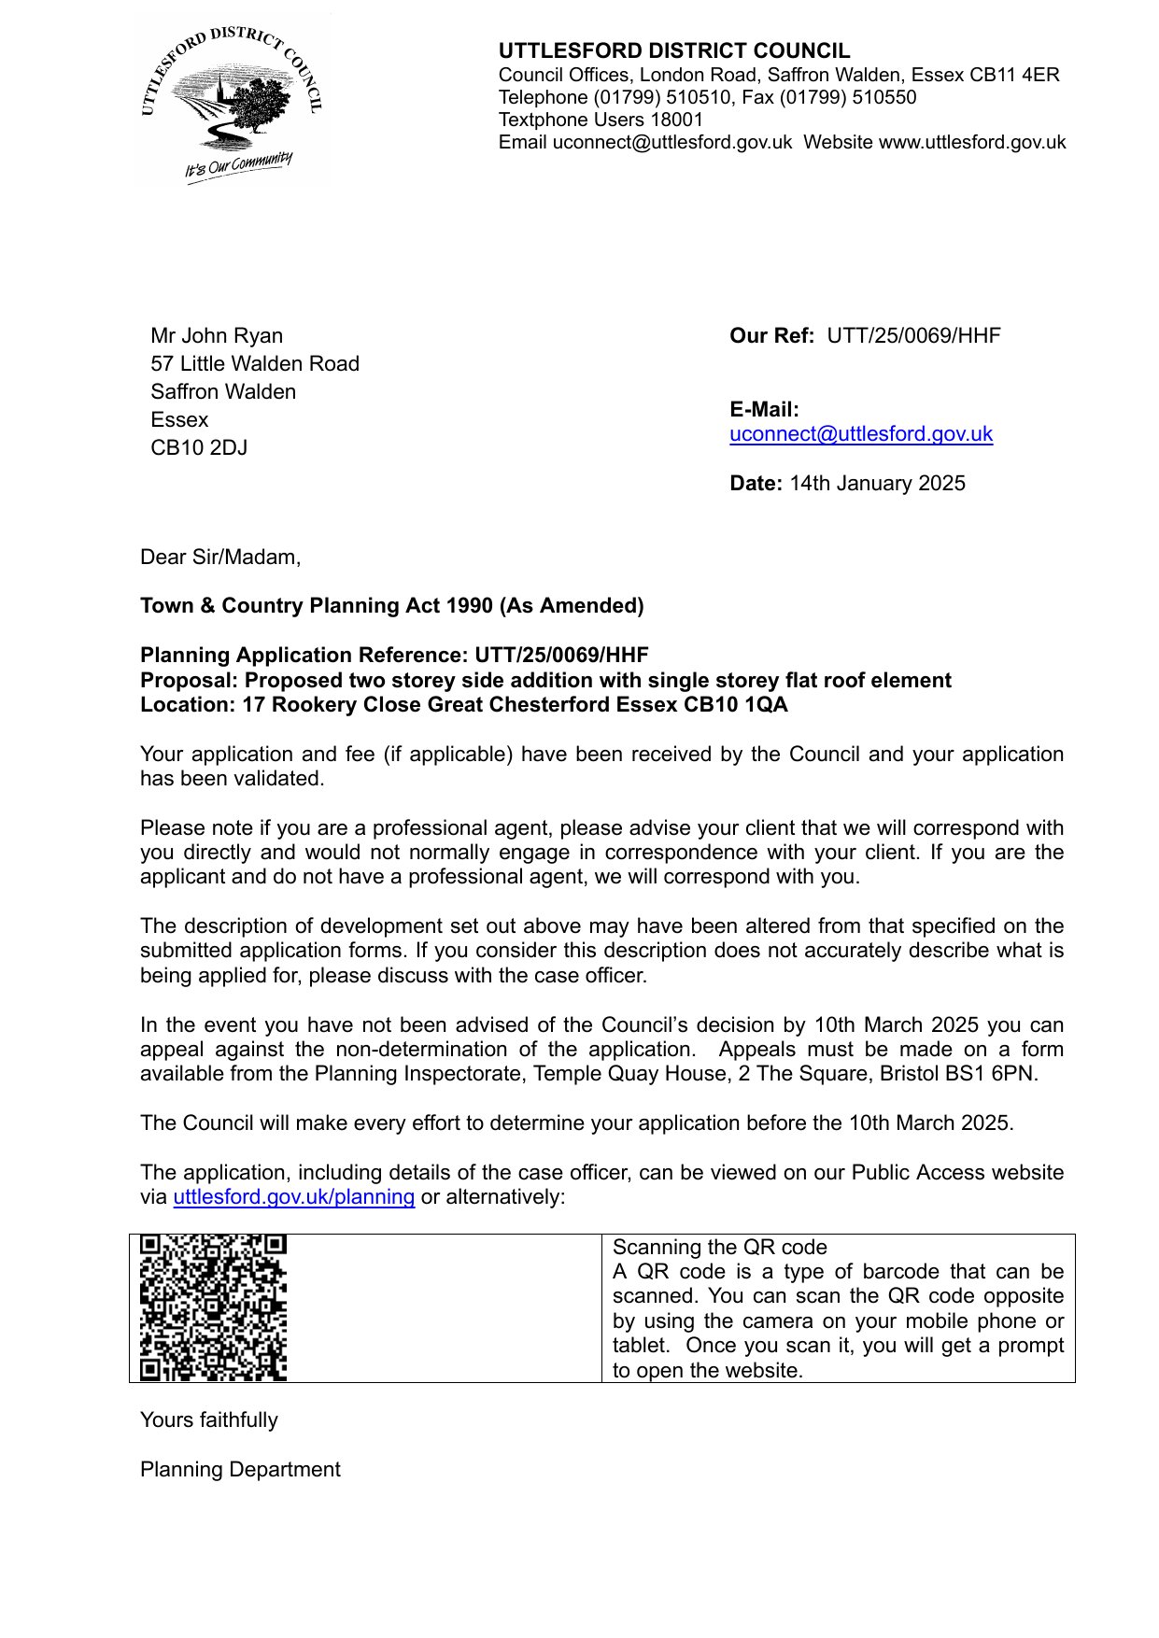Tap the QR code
pos(213,1307)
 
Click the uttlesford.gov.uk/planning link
pos(293,1197)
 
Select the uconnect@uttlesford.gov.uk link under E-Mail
pos(860,434)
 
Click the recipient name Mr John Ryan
pos(217,336)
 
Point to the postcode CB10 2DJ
pos(199,448)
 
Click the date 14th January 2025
pos(877,484)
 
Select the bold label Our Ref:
pos(771,336)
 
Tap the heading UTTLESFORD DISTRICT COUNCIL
pos(673,51)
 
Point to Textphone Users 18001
pos(601,120)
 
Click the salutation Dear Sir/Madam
pos(220,558)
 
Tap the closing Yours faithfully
pos(209,1420)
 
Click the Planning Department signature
pos(240,1470)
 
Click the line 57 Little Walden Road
pos(255,364)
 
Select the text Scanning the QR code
pos(719,1248)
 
